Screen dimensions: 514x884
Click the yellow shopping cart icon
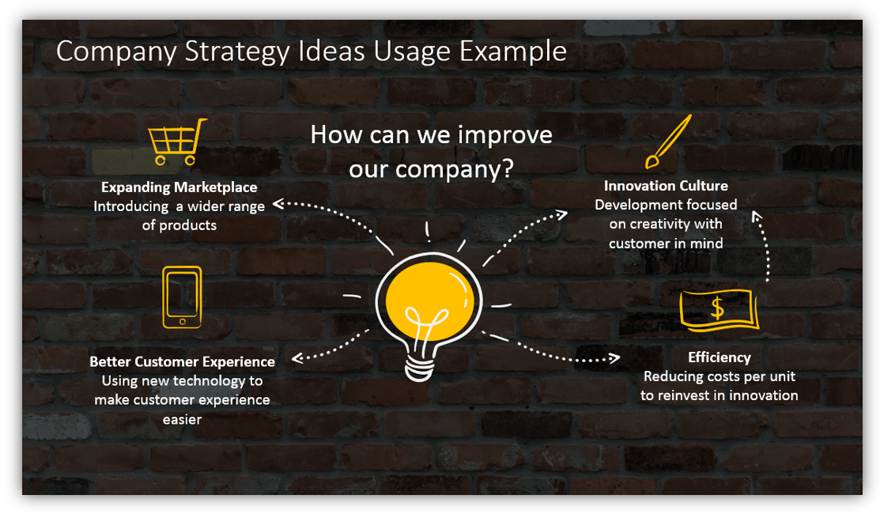177,142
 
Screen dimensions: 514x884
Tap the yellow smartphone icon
182,297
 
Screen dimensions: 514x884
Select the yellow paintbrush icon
667,142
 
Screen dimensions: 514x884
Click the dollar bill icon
718,309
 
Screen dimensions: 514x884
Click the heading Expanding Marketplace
179,187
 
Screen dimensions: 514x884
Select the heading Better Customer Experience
182,361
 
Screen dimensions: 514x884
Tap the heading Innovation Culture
666,186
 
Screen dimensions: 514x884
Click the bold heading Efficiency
719,357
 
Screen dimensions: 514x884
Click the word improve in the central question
503,134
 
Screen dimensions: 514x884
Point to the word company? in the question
455,169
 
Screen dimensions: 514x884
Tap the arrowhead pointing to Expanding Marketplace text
278,203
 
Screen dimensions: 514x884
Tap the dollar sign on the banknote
717,308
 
